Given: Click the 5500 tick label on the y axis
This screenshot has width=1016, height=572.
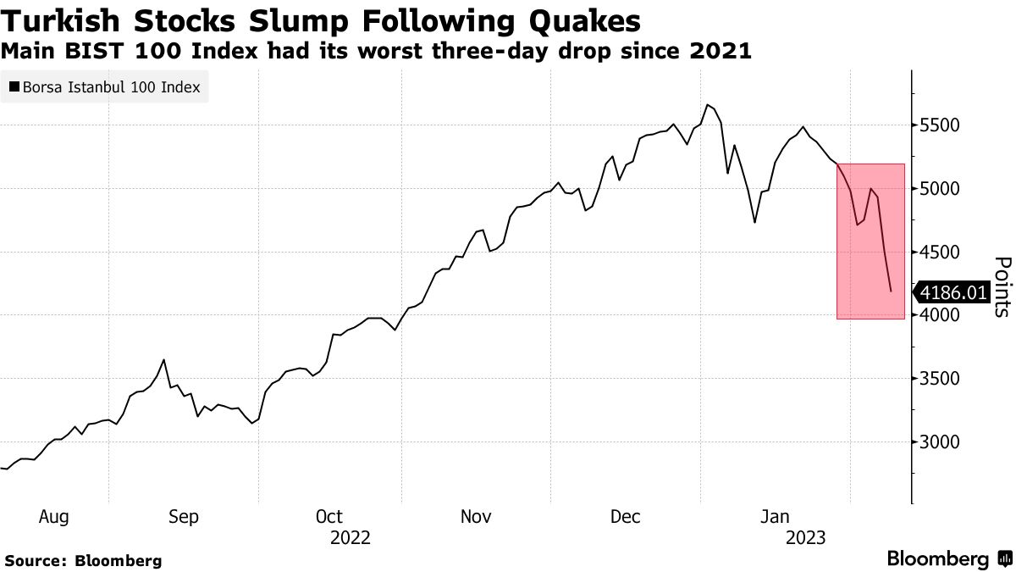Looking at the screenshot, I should click(x=939, y=125).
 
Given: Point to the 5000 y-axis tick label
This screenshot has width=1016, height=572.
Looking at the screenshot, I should click(x=939, y=188).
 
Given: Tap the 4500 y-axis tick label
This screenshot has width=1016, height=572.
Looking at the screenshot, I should click(x=939, y=252).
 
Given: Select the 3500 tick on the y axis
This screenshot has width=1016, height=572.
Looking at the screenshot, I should click(x=939, y=379).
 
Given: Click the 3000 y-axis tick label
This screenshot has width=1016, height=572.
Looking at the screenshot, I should click(x=939, y=441).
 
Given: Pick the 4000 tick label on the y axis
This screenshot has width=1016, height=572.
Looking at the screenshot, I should click(x=939, y=315).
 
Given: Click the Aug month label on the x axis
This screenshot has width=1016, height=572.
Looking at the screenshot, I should click(x=53, y=516).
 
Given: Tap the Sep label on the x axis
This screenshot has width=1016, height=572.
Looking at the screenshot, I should click(x=183, y=516).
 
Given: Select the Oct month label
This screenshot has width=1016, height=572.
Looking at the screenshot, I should click(x=329, y=516).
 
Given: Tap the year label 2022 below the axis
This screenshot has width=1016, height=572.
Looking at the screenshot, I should click(x=351, y=537).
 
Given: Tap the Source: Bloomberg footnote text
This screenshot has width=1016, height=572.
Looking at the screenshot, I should click(x=83, y=560).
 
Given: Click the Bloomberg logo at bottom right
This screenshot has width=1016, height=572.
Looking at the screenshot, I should click(x=948, y=559).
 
